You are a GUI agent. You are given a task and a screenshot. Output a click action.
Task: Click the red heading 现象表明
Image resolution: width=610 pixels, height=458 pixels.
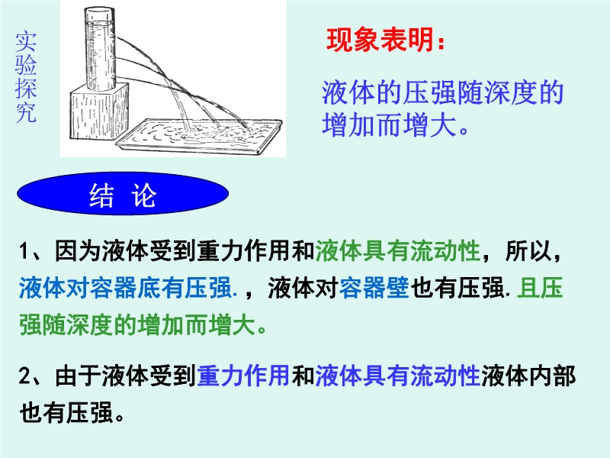click(x=380, y=40)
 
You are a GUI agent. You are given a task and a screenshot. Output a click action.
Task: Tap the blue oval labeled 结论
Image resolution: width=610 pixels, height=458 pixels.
click(x=123, y=194)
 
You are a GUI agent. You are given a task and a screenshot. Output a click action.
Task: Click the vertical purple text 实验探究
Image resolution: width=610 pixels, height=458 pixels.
click(x=26, y=78)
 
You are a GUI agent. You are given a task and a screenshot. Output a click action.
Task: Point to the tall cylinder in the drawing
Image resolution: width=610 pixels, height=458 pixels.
click(x=100, y=49)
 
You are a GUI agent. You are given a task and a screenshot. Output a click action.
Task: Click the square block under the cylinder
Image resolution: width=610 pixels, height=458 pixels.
click(x=99, y=111)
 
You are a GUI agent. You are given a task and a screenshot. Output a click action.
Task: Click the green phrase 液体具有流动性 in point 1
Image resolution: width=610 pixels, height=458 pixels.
click(x=397, y=251)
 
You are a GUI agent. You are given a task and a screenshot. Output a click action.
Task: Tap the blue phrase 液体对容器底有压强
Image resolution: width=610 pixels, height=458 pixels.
click(x=125, y=289)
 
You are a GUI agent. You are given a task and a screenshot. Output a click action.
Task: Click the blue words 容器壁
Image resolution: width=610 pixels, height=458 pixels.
click(x=374, y=289)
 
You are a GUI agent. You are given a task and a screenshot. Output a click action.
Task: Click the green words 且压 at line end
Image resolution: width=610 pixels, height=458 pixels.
click(x=540, y=289)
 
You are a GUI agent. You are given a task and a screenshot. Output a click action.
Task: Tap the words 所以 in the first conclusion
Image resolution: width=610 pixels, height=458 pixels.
click(x=528, y=251)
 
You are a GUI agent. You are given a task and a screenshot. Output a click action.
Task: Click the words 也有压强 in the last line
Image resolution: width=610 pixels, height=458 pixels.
click(x=66, y=412)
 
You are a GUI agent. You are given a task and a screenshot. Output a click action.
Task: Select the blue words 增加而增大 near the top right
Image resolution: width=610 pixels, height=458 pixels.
click(x=389, y=124)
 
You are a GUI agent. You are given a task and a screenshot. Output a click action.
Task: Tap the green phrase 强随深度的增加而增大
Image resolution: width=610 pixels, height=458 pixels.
click(x=137, y=325)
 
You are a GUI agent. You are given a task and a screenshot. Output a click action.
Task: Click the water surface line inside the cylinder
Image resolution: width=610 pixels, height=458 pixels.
click(x=101, y=24)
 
